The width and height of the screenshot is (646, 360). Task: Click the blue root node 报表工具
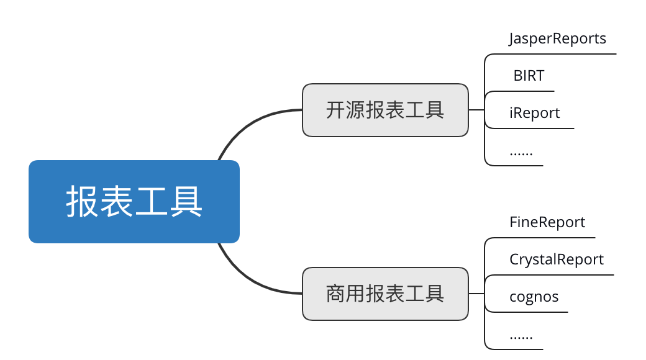click(134, 202)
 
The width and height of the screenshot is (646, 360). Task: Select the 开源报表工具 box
click(385, 110)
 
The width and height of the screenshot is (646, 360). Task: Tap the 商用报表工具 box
click(385, 294)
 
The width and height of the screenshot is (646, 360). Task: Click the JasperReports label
click(557, 38)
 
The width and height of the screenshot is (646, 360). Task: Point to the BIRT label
click(529, 76)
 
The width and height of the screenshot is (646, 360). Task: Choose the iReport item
click(534, 113)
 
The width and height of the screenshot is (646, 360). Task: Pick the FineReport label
click(547, 222)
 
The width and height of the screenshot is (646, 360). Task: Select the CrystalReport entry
click(556, 259)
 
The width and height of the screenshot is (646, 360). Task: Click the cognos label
click(534, 297)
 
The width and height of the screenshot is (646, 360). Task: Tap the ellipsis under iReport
click(521, 152)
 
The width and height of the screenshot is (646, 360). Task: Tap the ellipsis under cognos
click(521, 336)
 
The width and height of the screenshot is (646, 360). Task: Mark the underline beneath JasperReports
click(559, 54)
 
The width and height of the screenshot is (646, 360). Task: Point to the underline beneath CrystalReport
click(559, 275)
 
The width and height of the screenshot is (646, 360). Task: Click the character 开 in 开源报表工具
click(335, 110)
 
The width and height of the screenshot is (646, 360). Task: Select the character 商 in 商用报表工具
click(335, 294)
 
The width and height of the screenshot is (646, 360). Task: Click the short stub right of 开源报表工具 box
click(476, 110)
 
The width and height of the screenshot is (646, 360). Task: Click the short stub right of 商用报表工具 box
click(476, 294)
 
